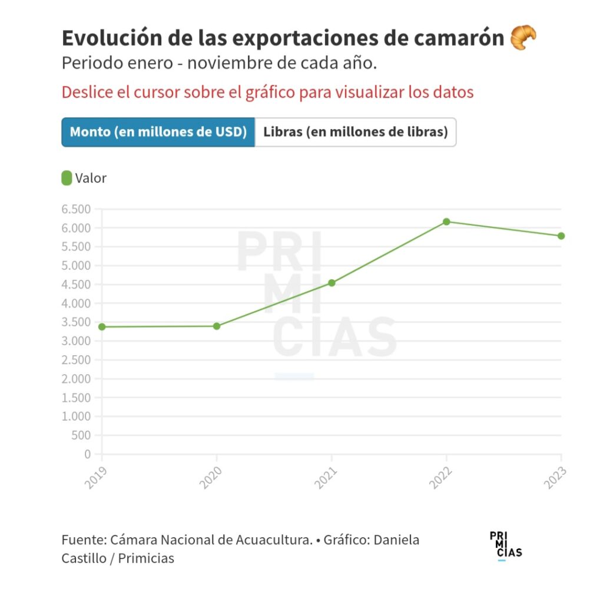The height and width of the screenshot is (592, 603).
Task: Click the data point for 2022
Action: coord(446,221)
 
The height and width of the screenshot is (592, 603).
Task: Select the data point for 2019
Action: coord(102,326)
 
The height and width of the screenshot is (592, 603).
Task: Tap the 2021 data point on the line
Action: coord(332,283)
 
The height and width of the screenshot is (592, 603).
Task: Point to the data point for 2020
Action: coord(217,326)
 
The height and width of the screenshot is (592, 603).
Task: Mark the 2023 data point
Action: coord(561,236)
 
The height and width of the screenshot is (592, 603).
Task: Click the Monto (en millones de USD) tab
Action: coord(158,132)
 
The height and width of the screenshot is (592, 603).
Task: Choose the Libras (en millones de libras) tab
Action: coord(355,132)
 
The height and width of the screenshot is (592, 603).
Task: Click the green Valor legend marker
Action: coord(67,178)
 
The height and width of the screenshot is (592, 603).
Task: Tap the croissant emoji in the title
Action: coord(523,38)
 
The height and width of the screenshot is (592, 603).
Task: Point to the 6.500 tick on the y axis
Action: coord(76,209)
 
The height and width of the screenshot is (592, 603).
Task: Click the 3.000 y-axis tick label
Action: coord(76,341)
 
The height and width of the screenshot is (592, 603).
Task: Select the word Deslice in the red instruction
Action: coord(84,92)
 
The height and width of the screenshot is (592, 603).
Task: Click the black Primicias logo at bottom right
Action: coord(505,545)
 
